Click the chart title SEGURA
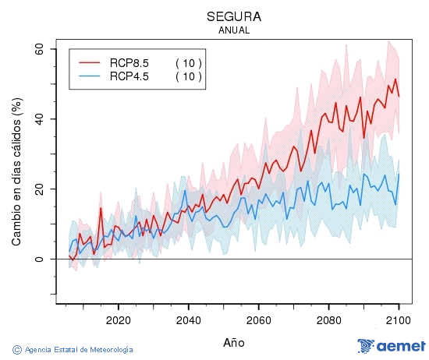[x=234, y=16]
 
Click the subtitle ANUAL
[x=234, y=30]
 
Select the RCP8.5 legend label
[x=129, y=63]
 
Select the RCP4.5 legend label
[x=129, y=76]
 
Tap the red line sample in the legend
[x=90, y=63]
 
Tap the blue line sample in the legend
[x=90, y=76]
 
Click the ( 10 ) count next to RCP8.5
[x=188, y=63]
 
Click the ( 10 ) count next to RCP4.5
[x=188, y=76]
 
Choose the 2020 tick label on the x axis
[x=118, y=319]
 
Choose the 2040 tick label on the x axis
[x=188, y=319]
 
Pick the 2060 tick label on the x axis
[x=258, y=319]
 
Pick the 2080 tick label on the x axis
[x=328, y=319]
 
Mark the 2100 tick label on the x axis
[x=399, y=319]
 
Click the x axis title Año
[x=234, y=341]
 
